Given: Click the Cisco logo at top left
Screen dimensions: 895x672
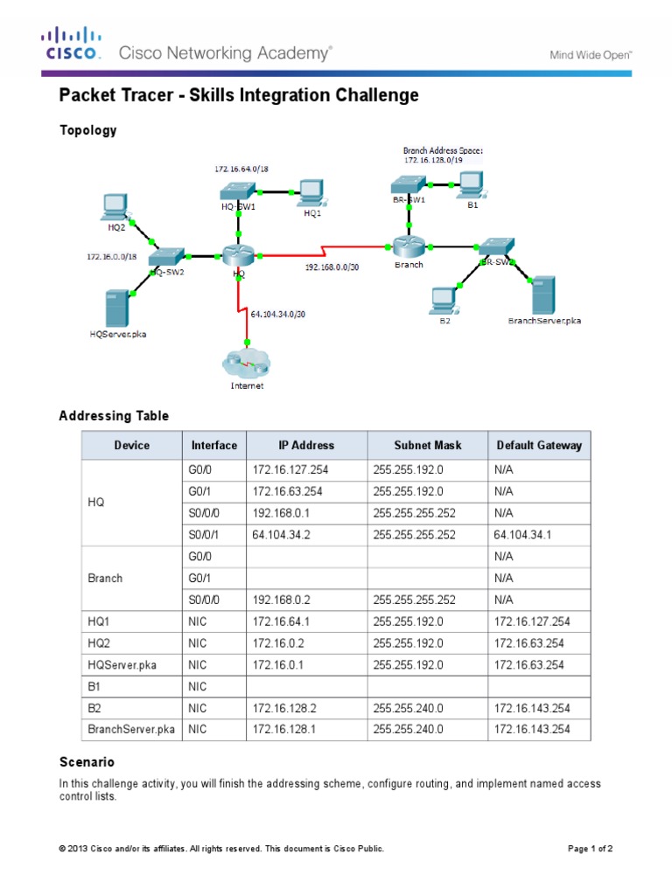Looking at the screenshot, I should (72, 44).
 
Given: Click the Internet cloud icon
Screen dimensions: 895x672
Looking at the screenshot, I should (246, 361).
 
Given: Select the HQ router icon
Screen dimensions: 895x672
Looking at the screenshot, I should (237, 255).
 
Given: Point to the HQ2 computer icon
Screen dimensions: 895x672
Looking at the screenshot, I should (115, 205).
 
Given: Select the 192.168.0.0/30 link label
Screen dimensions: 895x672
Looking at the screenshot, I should (332, 267).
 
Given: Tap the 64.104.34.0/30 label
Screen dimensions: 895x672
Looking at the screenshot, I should (277, 314).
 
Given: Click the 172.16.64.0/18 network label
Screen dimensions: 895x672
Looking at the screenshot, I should (241, 167).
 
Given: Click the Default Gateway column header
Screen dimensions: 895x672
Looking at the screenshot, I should (538, 445).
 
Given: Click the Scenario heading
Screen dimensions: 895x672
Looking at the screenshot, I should (87, 762).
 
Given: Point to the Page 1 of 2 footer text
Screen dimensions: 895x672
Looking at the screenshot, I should (591, 849).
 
